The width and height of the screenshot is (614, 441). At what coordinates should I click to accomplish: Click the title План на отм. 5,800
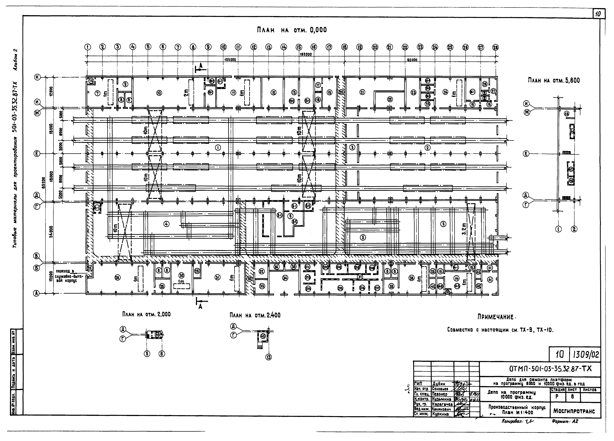554,80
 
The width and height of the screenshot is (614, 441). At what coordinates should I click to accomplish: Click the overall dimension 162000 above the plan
306,54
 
